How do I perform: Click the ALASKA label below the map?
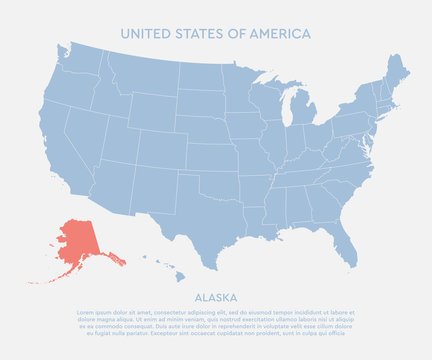pos(215,297)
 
